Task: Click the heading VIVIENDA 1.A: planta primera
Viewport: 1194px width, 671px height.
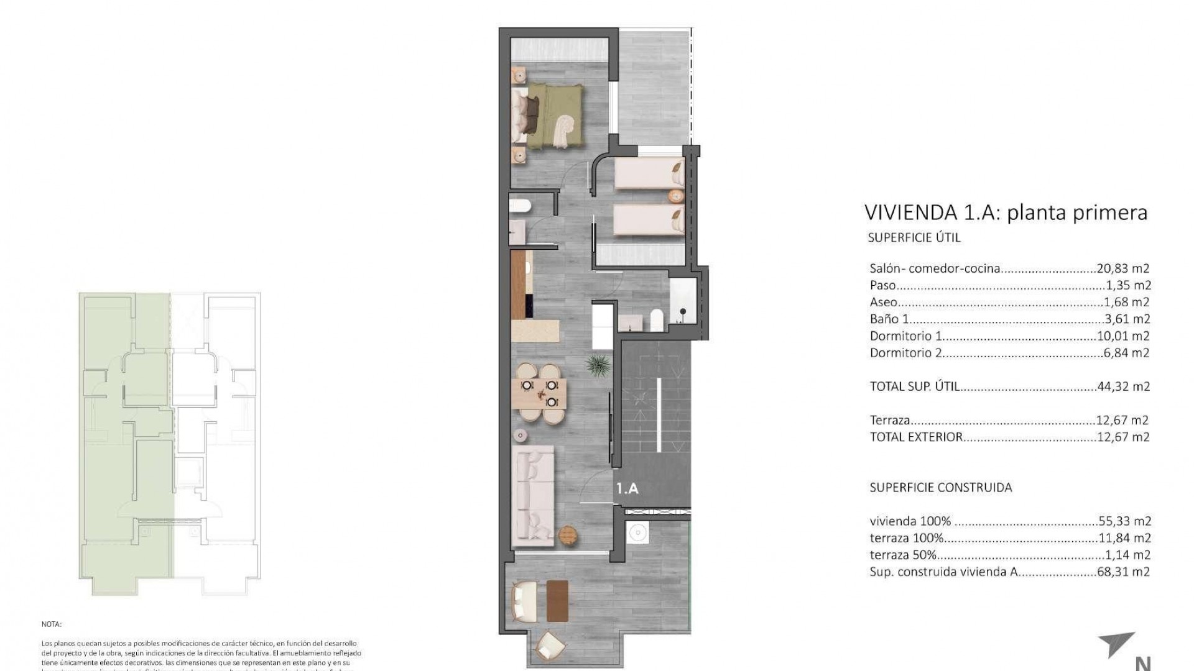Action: (1006, 212)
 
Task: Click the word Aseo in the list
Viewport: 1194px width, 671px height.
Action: (884, 303)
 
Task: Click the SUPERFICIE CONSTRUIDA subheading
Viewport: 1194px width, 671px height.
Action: (940, 488)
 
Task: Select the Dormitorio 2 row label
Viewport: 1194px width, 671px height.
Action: (905, 353)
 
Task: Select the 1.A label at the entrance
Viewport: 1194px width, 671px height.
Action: (627, 489)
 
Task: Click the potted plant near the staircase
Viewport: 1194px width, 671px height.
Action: (597, 365)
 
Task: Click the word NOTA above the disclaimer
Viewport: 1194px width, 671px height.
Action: (52, 624)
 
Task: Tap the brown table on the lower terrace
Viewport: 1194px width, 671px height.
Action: (558, 601)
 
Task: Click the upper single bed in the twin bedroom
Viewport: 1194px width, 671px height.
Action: (649, 173)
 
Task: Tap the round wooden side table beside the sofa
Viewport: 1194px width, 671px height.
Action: (568, 534)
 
